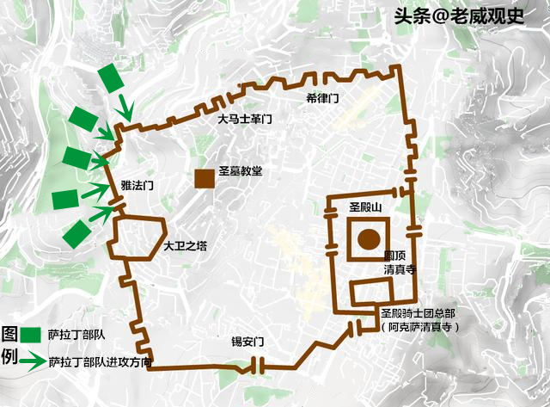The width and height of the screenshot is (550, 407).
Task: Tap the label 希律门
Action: point(322,98)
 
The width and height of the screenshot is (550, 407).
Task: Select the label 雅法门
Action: point(137,185)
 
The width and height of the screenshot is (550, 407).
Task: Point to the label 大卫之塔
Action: point(186,245)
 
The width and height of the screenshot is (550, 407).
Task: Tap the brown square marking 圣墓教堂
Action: point(205,179)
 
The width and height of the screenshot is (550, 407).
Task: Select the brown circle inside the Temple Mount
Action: point(370,240)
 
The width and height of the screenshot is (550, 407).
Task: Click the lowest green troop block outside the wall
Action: point(76,234)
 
